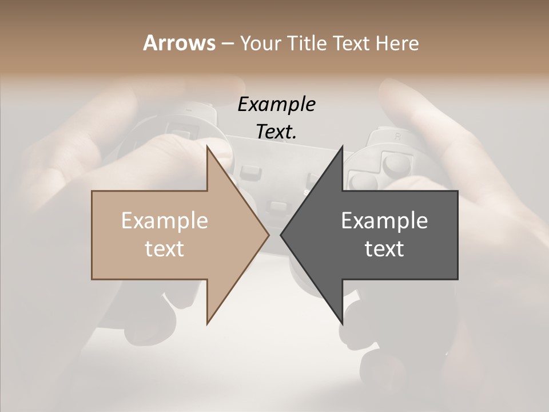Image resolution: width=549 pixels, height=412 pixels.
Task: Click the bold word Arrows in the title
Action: [179, 43]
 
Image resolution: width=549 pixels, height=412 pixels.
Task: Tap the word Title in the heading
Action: [307, 43]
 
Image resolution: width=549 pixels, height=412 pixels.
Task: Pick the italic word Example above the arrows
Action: [276, 104]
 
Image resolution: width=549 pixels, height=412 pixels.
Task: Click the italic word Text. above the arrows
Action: [276, 132]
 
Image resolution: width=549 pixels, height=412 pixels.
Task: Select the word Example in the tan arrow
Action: [165, 220]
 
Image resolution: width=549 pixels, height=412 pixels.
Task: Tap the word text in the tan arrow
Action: [165, 248]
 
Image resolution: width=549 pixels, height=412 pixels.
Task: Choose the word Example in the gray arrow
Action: [384, 220]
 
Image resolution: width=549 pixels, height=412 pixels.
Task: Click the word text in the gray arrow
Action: [384, 248]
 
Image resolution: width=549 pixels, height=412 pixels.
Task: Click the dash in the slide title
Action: [227, 44]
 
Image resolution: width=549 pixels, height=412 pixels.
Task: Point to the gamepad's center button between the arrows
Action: [278, 205]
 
